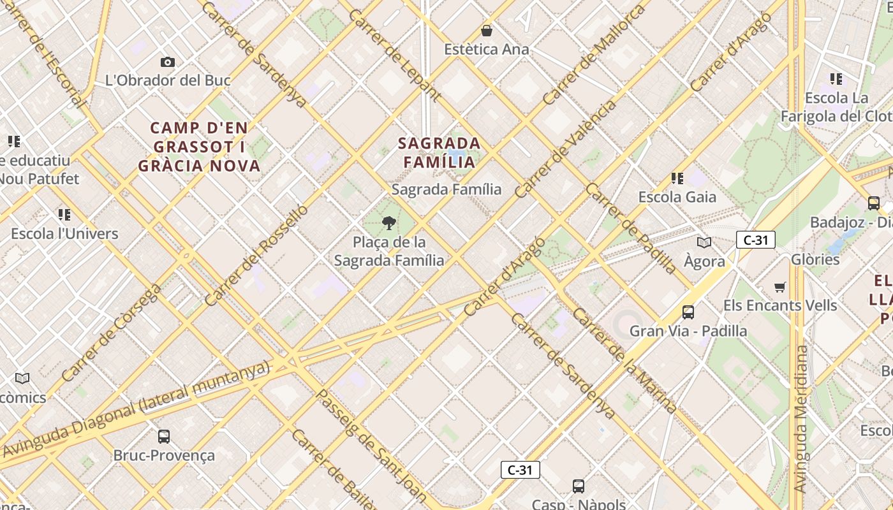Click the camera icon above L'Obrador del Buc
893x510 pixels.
click(x=168, y=62)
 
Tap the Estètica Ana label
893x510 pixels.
click(x=487, y=49)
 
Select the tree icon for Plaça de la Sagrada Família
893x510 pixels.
click(x=388, y=222)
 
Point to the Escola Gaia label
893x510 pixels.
click(x=677, y=197)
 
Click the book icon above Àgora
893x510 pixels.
click(x=704, y=242)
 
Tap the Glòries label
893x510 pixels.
click(x=815, y=259)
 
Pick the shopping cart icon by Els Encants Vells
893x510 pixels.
click(x=779, y=287)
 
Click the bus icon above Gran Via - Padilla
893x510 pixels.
click(x=688, y=312)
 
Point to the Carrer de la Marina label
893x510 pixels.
click(x=624, y=360)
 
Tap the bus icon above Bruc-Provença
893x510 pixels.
click(x=164, y=437)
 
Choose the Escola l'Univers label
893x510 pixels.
click(x=64, y=233)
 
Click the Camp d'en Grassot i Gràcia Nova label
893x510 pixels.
click(x=200, y=147)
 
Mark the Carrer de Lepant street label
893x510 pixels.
click(x=395, y=55)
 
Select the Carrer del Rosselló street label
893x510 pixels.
click(x=256, y=255)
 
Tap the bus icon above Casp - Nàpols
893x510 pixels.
click(x=579, y=486)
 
